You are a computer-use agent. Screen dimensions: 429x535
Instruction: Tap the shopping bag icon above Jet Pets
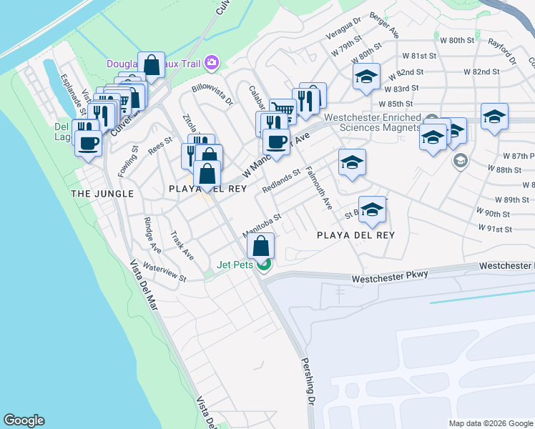tap(262, 247)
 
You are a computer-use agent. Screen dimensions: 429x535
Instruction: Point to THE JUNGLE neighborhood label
tap(102, 194)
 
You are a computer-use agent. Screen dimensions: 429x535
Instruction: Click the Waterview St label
tap(165, 272)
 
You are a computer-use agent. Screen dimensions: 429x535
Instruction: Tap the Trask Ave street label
tap(182, 245)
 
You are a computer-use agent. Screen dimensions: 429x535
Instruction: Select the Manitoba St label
tap(262, 222)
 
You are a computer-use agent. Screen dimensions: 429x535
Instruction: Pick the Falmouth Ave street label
tap(318, 187)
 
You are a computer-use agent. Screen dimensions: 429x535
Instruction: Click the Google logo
tap(24, 420)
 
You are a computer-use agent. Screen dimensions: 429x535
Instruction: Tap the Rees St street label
tap(160, 145)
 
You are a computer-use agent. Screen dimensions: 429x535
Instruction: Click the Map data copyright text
tap(491, 423)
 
